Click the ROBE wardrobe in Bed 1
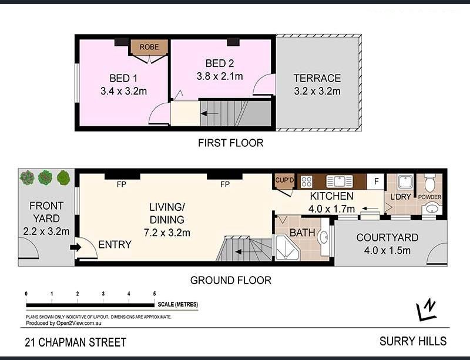(x=149, y=47)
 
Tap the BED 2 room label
(x=220, y=63)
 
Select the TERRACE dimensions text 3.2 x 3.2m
(x=317, y=91)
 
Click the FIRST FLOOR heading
(x=230, y=143)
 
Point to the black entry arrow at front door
(x=76, y=247)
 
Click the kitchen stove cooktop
(x=306, y=181)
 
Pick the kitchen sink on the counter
(x=340, y=181)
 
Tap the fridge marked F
(x=376, y=181)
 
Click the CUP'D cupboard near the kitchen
(x=284, y=181)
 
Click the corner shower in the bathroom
(x=287, y=247)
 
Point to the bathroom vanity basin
(x=324, y=237)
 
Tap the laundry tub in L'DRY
(x=405, y=181)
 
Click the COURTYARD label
(x=387, y=237)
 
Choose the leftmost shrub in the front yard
(x=27, y=177)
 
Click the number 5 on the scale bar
(x=155, y=294)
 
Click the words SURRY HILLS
(x=413, y=341)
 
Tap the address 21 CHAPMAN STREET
(x=76, y=342)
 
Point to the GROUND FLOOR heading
(x=230, y=280)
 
